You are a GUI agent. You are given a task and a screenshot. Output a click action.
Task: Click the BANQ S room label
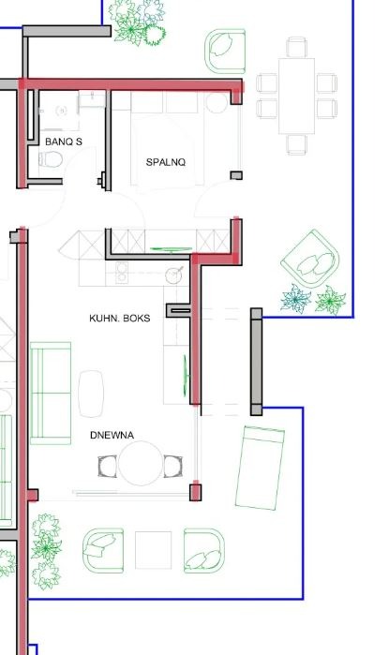(x=63, y=141)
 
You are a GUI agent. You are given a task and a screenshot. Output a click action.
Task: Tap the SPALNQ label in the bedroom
(x=166, y=162)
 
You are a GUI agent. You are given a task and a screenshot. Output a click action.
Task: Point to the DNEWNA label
(x=112, y=436)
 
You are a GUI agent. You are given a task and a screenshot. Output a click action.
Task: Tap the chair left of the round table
(x=107, y=466)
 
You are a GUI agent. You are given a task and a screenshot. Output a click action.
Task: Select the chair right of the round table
(x=173, y=466)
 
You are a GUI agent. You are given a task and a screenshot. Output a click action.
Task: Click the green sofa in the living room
(x=52, y=393)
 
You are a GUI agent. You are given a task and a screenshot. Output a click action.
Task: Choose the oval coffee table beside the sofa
(x=93, y=393)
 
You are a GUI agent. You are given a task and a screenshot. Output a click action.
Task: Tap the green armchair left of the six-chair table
(x=227, y=51)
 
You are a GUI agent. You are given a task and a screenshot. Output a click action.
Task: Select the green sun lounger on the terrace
(x=262, y=467)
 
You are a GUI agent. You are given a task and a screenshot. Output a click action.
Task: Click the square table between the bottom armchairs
(x=153, y=550)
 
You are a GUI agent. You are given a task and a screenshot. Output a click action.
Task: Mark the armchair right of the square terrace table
(x=203, y=550)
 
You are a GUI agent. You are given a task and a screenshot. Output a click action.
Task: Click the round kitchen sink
(x=174, y=275)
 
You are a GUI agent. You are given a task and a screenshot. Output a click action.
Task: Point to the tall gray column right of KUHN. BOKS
(x=255, y=362)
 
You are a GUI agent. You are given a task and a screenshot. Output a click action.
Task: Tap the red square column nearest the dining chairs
(x=196, y=491)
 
